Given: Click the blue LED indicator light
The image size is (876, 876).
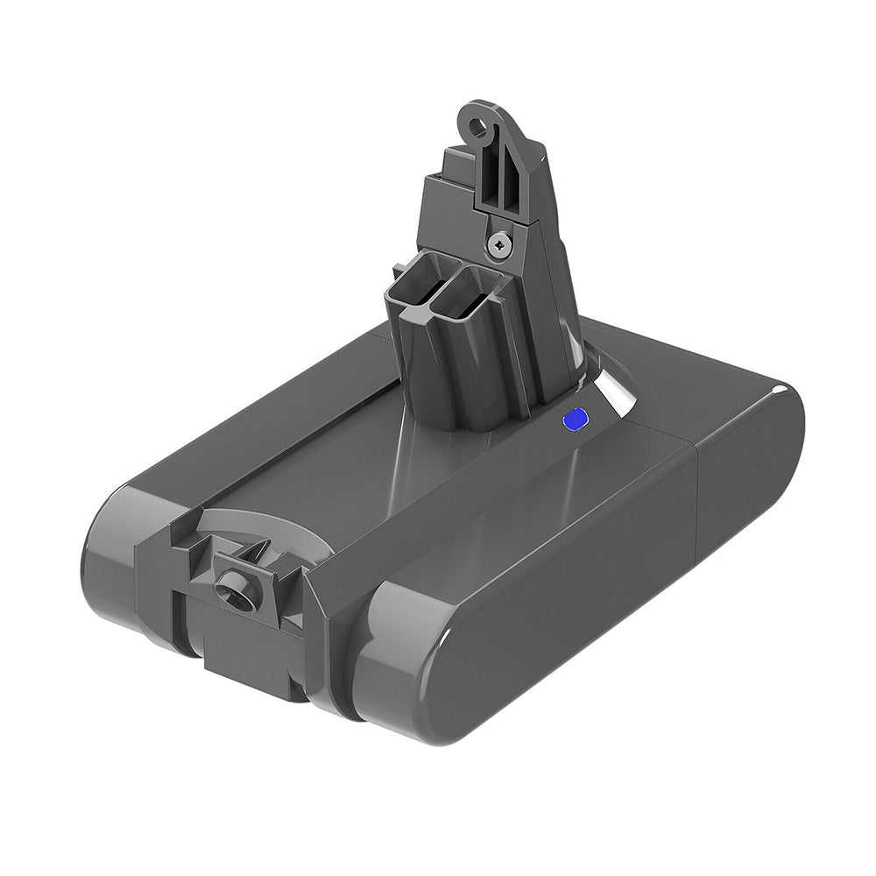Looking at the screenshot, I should click(x=574, y=421).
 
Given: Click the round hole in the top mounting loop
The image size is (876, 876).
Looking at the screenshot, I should click(x=478, y=128).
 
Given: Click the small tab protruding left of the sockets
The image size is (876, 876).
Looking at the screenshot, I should click(x=399, y=272).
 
